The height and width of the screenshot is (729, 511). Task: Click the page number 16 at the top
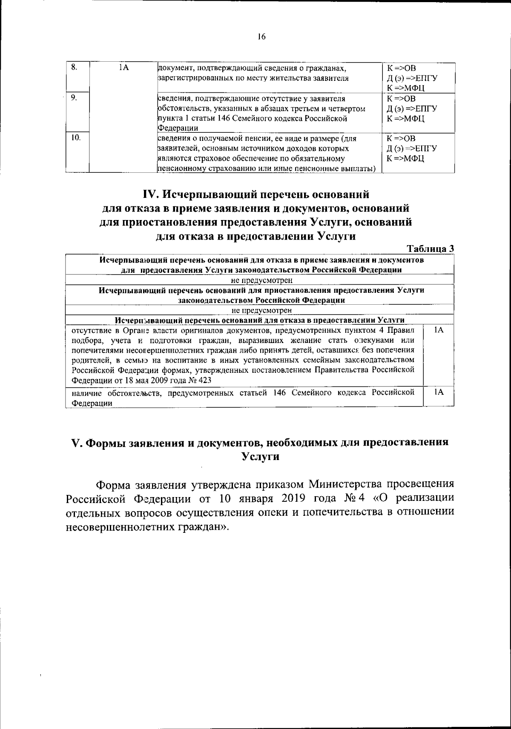261,37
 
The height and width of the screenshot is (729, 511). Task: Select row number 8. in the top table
73,67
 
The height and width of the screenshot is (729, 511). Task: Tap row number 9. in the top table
73,97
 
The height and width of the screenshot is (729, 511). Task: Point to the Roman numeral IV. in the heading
151,194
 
